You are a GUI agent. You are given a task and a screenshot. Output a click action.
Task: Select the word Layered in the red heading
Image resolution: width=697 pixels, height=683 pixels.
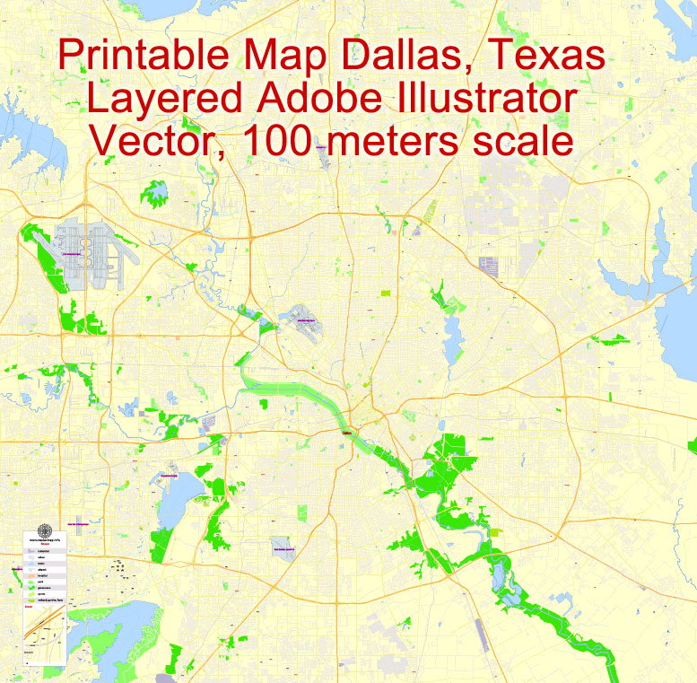[161, 99]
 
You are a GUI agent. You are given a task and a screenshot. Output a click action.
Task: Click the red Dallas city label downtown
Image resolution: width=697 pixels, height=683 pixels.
[348, 433]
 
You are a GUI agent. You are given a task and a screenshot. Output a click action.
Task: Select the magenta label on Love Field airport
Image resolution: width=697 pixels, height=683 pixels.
[308, 320]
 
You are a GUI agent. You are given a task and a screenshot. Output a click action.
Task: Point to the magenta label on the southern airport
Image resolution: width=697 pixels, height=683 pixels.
[283, 547]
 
